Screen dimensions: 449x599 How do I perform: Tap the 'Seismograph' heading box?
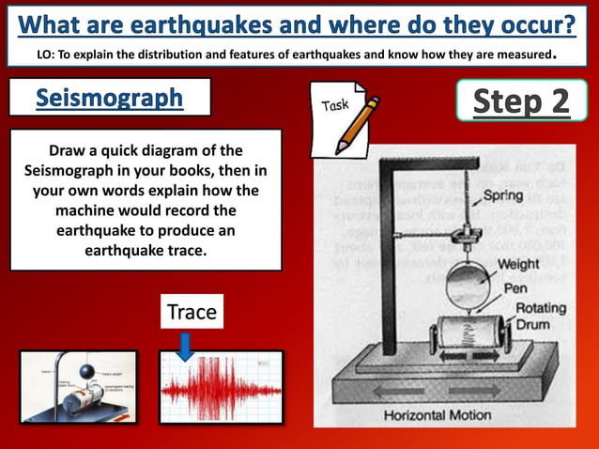[x=110, y=98]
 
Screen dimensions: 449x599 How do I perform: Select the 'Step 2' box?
[x=521, y=101]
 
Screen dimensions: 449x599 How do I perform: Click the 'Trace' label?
[x=192, y=312]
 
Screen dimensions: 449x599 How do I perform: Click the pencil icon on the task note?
[x=359, y=122]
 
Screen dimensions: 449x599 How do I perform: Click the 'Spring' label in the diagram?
[x=503, y=196]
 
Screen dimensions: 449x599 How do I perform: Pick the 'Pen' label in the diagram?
[x=515, y=288]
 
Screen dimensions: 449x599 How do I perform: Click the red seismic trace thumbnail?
[x=222, y=386]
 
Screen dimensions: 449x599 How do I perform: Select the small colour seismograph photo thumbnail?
[x=78, y=386]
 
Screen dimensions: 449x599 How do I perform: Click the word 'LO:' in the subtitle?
[x=44, y=54]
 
